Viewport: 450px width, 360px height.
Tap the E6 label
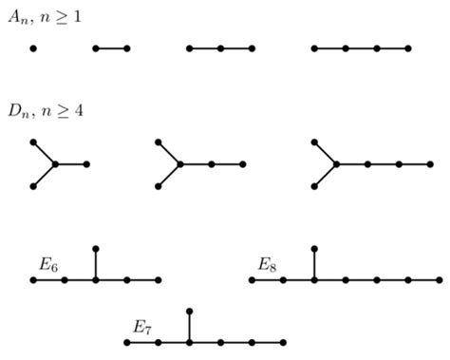click(49, 264)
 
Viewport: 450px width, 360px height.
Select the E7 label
click(142, 327)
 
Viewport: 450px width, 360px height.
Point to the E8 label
click(269, 264)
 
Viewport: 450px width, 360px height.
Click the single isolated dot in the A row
click(33, 47)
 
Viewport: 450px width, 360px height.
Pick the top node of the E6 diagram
click(96, 249)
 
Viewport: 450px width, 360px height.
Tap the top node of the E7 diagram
click(190, 312)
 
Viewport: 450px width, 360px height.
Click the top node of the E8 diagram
click(314, 249)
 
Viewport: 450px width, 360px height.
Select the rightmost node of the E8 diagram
click(439, 280)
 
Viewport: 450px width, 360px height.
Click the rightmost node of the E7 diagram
click(283, 342)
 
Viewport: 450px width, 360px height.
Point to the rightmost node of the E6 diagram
click(159, 280)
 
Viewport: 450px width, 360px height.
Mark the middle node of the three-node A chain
click(220, 47)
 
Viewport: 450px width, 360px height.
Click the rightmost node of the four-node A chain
click(408, 47)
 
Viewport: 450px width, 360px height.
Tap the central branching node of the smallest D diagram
click(55, 164)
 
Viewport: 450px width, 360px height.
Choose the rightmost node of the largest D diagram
click(429, 164)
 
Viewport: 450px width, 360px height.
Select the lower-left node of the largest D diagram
click(314, 186)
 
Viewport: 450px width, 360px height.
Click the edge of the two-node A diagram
click(111, 47)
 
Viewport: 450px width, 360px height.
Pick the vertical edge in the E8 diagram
click(314, 264)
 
